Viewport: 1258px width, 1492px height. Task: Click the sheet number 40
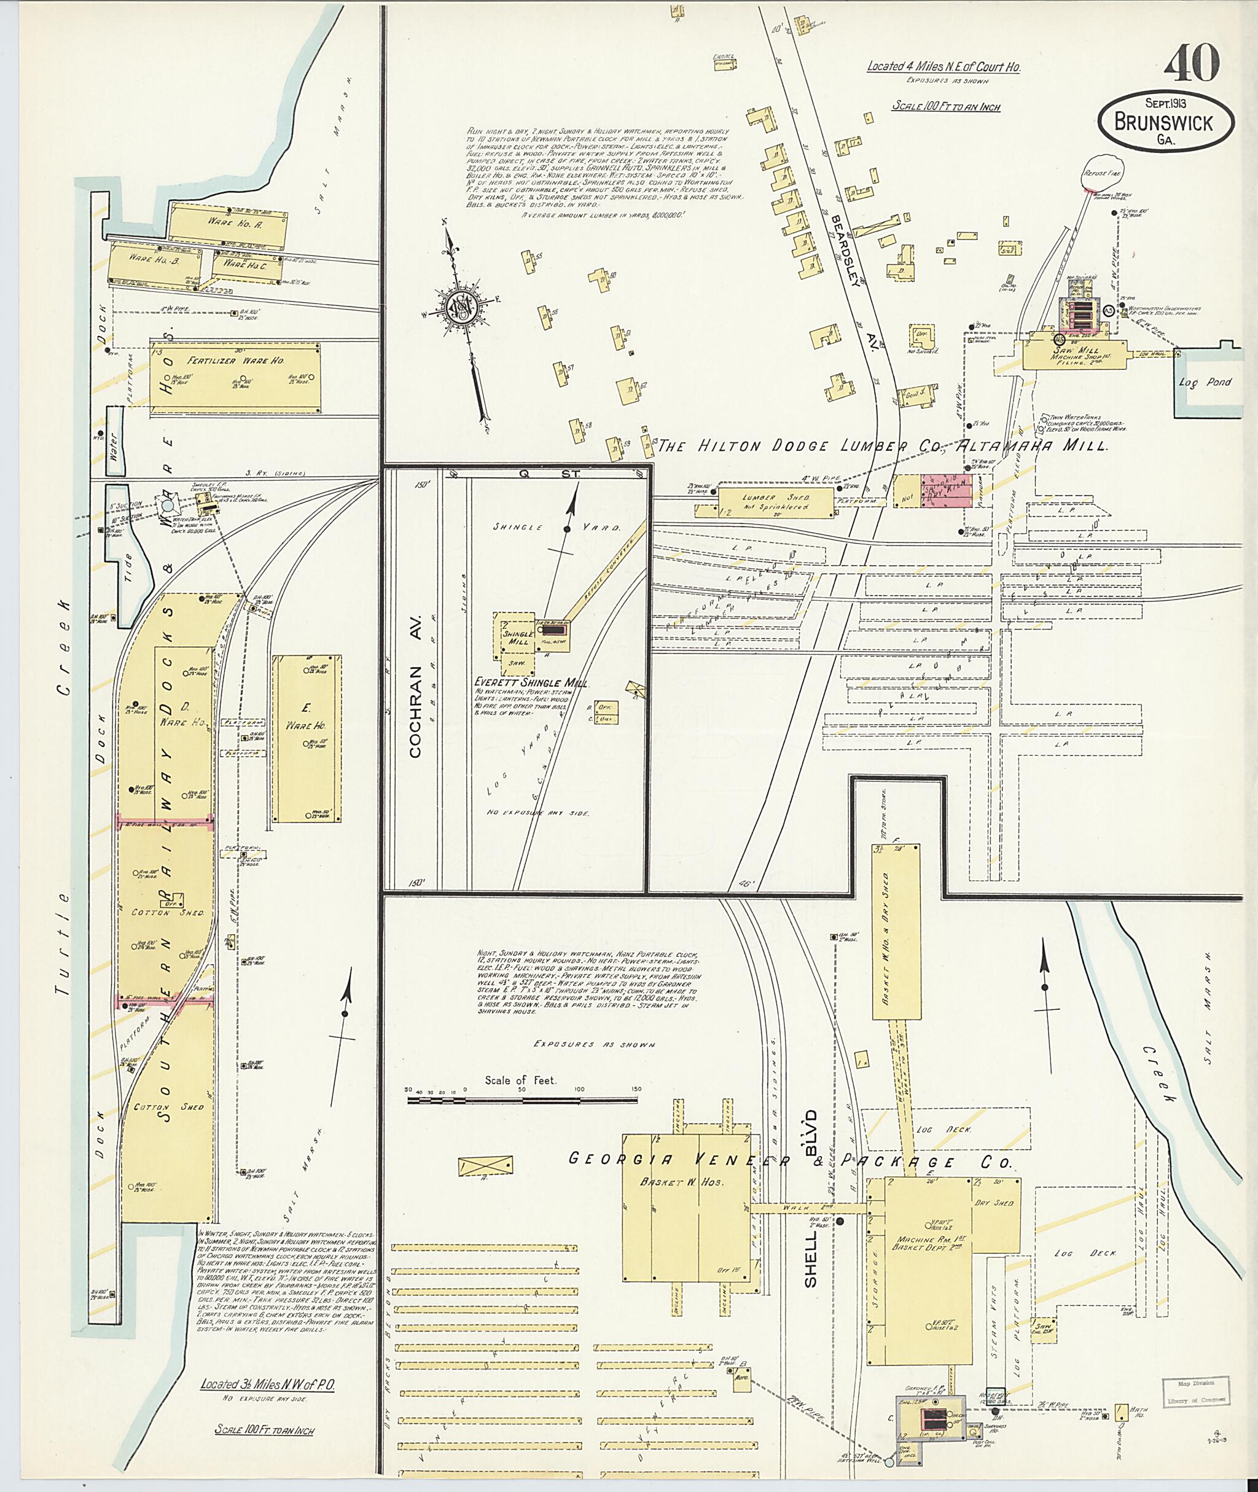1191,66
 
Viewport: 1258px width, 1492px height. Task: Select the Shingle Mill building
518,635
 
